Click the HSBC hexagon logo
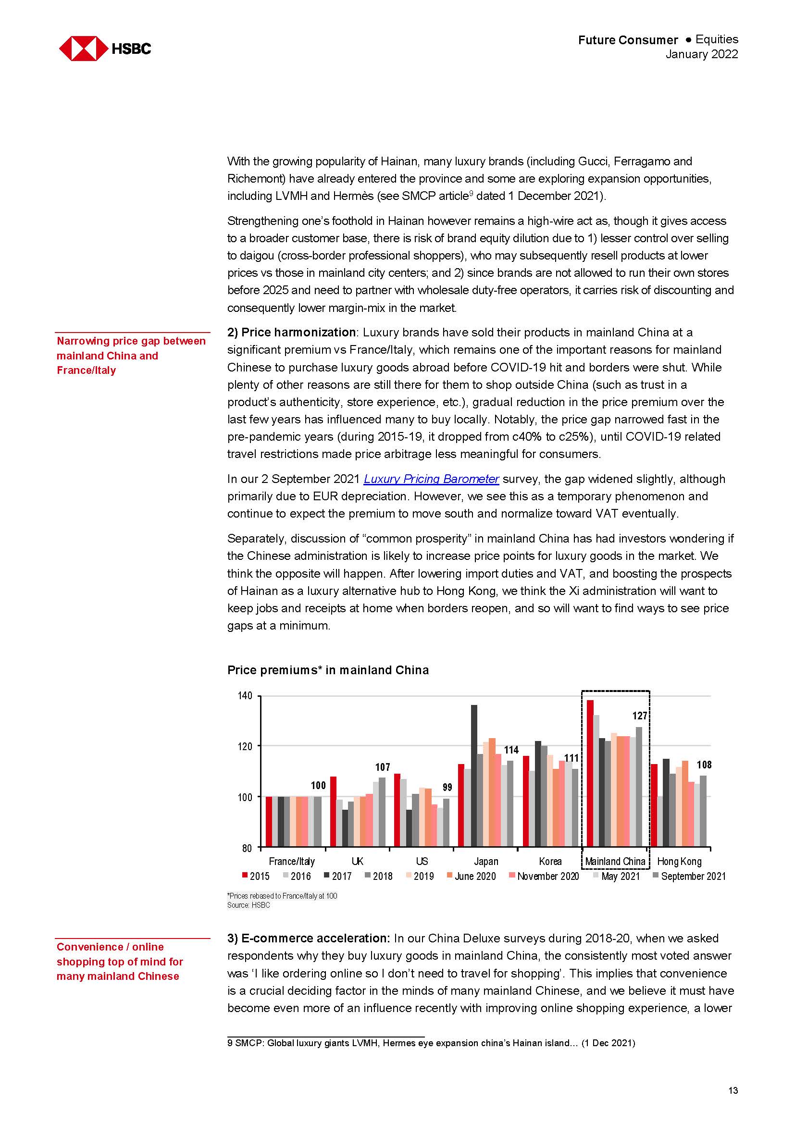point(83,49)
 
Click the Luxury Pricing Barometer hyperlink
point(431,479)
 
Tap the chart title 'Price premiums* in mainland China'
point(327,670)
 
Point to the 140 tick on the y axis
point(245,696)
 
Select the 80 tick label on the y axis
point(247,848)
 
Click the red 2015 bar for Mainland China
point(590,774)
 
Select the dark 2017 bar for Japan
point(474,776)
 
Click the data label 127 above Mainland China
point(639,716)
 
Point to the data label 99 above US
point(447,787)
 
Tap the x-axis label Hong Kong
point(679,862)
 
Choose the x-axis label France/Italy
point(292,862)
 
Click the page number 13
point(733,1091)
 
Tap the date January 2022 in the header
point(701,54)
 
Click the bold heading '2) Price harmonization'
point(291,333)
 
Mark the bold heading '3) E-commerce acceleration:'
point(309,939)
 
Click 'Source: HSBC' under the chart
point(248,905)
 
